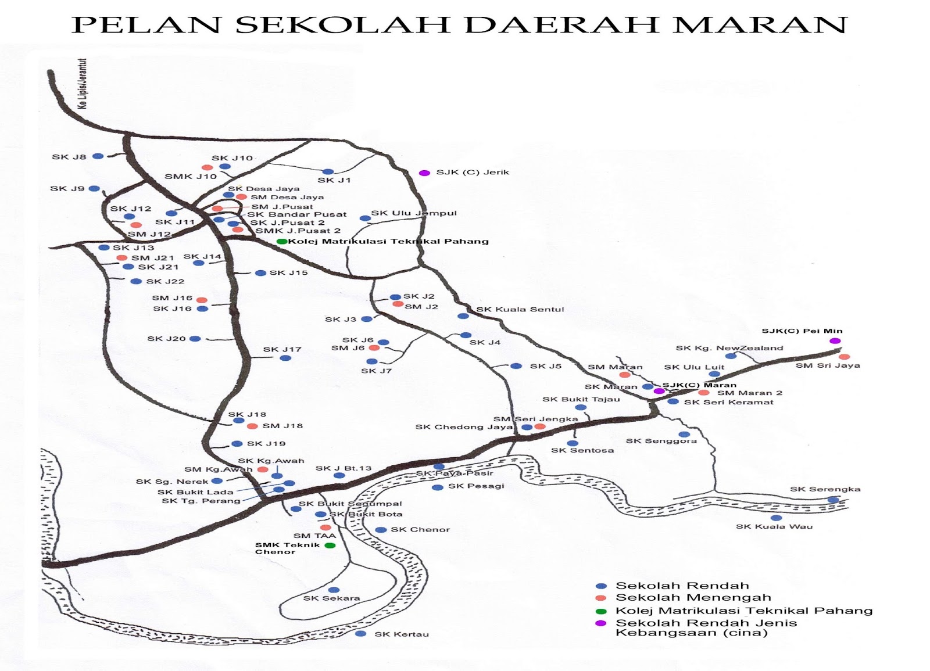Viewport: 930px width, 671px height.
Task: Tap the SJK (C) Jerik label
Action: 473,173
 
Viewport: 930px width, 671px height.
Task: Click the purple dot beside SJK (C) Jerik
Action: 425,173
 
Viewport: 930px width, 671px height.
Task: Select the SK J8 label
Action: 69,157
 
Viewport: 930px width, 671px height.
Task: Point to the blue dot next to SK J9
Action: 94,189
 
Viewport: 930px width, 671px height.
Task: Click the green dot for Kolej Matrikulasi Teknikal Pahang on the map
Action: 281,242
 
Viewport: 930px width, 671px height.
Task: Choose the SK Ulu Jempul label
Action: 414,213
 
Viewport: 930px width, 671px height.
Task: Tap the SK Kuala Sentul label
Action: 520,310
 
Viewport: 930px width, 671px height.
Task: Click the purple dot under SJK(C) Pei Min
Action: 835,341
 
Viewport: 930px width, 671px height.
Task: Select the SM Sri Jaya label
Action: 828,365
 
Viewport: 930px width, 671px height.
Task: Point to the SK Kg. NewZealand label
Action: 729,348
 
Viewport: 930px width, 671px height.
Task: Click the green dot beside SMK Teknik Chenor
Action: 330,546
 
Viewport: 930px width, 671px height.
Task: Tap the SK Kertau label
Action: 402,634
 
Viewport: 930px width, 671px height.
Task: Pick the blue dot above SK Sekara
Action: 334,590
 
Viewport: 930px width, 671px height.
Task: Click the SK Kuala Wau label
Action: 774,527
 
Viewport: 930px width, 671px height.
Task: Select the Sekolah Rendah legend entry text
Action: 682,586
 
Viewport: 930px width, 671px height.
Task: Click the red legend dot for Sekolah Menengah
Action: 602,598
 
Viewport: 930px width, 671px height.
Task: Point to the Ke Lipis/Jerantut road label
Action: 83,84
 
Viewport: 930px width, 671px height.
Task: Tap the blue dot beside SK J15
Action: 260,273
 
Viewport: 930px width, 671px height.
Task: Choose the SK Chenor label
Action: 420,530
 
